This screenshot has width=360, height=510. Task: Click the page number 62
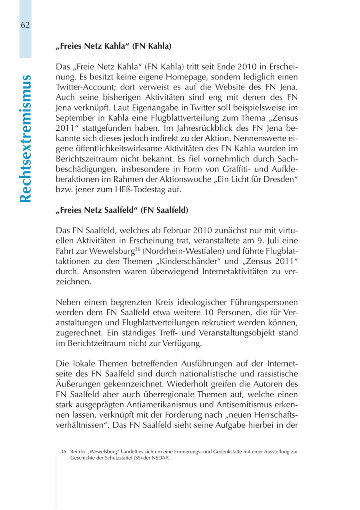pos(25,25)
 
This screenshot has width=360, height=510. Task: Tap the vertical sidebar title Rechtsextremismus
pos(26,138)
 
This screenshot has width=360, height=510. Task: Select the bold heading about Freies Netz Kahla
pos(114,46)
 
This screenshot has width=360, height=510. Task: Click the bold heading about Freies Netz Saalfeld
pos(122,210)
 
